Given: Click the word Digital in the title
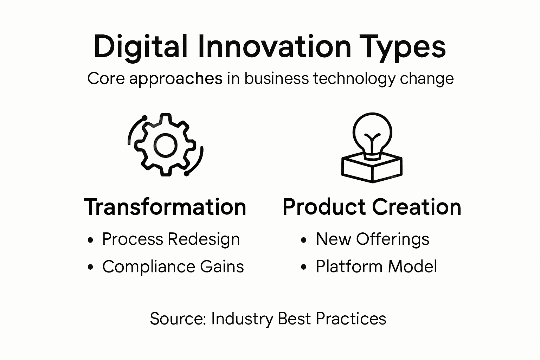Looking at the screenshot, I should point(140,47).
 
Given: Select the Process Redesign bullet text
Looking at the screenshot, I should point(171,239).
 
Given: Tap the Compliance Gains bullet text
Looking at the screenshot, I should point(173,266).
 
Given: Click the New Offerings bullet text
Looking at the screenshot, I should point(372,239).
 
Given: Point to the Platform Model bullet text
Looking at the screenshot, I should point(376,266).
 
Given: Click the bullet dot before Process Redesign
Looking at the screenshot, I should point(91,240).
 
